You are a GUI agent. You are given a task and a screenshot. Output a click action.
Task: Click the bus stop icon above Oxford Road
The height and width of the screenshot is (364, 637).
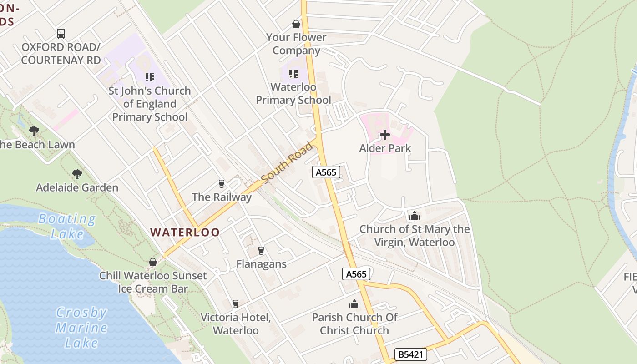(61, 33)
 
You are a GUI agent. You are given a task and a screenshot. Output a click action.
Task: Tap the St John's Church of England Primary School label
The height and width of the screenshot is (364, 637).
(150, 104)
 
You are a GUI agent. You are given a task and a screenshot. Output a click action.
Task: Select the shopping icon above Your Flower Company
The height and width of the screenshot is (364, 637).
(296, 24)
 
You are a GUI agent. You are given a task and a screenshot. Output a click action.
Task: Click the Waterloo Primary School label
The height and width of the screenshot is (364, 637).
(293, 93)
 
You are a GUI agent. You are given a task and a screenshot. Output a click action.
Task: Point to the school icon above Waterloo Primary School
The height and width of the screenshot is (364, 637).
(293, 73)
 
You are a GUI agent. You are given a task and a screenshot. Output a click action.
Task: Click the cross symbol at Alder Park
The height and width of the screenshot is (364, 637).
(385, 134)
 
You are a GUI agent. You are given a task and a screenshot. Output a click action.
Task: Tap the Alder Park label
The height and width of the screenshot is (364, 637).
(385, 148)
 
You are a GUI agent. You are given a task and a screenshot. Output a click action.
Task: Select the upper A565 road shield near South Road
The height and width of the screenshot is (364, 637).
(326, 172)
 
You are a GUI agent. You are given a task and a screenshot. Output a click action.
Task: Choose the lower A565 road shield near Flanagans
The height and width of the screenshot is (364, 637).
(356, 274)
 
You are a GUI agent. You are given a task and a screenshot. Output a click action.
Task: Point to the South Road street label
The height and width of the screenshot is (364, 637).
(288, 162)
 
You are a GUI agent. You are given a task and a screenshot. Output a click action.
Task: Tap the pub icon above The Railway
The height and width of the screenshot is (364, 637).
(222, 183)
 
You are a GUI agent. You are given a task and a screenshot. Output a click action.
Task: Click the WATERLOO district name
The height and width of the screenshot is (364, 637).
(185, 232)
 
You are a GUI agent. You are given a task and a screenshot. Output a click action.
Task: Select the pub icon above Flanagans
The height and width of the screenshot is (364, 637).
(261, 250)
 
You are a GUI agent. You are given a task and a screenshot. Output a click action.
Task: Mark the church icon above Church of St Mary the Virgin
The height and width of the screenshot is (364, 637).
(415, 215)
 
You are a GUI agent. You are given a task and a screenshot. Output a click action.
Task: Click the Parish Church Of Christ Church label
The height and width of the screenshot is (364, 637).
(354, 324)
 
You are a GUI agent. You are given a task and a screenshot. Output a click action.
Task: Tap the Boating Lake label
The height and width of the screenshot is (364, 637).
(67, 226)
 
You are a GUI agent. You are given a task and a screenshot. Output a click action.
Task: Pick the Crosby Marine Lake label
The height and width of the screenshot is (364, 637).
(81, 328)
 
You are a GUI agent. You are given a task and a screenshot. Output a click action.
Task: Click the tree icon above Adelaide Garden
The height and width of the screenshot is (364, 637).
(77, 174)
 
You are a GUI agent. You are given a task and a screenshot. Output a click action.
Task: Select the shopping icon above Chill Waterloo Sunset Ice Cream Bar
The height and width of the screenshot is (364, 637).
(153, 262)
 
